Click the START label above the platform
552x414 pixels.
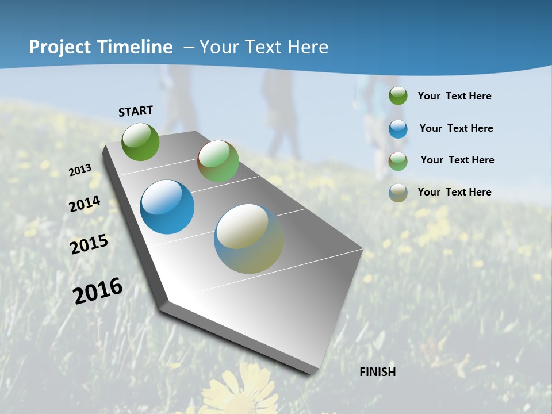click(136, 111)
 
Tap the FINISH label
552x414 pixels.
click(378, 372)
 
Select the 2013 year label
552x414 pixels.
click(80, 170)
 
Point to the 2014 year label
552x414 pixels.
click(85, 204)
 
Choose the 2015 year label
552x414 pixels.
click(89, 244)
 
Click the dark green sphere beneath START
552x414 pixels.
click(141, 141)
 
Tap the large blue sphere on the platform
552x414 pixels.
click(167, 207)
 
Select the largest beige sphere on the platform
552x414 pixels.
click(249, 239)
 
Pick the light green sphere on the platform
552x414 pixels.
click(218, 161)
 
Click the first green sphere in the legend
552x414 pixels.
click(398, 96)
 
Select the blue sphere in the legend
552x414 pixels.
click(398, 129)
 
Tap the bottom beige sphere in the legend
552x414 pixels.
click(398, 193)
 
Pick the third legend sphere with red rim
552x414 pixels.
click(398, 160)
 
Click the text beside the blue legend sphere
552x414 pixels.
click(456, 128)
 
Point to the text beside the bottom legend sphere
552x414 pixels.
click(454, 192)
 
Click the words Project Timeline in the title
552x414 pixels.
click(101, 47)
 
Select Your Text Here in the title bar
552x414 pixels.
click(263, 47)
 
